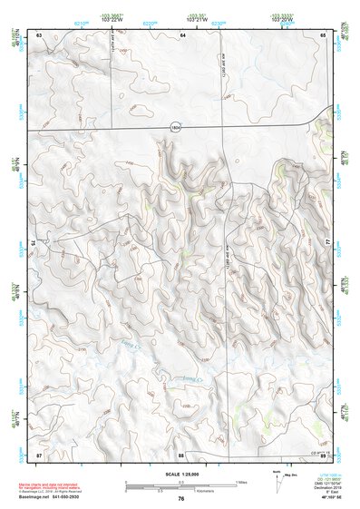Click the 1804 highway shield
click(175, 129)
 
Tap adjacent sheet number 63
click(39, 34)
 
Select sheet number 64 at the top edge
click(181, 34)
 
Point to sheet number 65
click(324, 34)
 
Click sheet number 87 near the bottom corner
click(39, 454)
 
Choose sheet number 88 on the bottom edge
click(181, 454)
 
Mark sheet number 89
click(324, 454)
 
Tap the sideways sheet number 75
click(34, 244)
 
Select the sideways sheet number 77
click(328, 244)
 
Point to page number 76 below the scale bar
click(181, 499)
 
